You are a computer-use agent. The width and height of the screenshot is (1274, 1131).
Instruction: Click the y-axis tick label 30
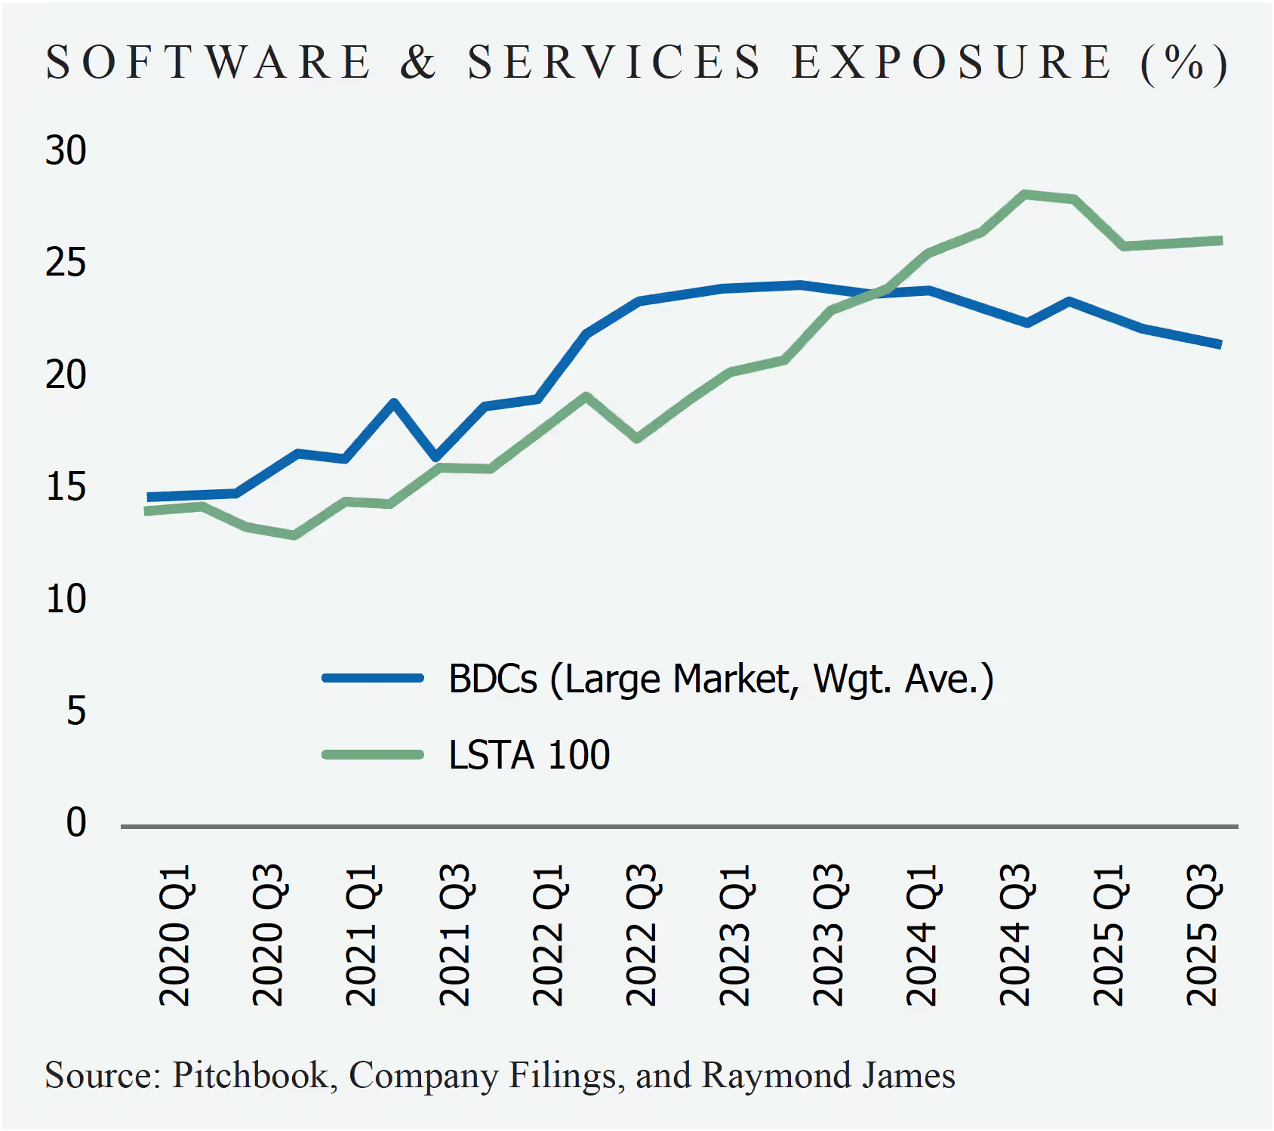point(66,151)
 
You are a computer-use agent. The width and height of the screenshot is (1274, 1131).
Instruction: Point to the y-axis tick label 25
point(66,263)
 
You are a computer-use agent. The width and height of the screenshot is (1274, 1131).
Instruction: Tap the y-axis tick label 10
point(66,599)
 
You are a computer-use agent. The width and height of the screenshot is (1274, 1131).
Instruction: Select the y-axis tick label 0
point(75,822)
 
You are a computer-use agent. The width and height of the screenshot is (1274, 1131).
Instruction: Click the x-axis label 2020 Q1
point(174,935)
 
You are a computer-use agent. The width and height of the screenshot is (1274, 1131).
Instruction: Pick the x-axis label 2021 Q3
point(455,935)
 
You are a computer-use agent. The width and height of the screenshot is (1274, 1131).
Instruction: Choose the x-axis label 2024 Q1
point(922,935)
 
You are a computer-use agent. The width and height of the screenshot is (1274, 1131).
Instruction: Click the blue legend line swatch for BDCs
point(373,678)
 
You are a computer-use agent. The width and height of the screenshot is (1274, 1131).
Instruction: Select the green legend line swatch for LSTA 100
point(373,754)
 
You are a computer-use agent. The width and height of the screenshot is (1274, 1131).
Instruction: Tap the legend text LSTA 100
point(529,755)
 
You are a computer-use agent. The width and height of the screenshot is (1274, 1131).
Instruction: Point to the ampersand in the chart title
point(418,62)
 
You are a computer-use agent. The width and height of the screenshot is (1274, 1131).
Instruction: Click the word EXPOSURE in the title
point(952,62)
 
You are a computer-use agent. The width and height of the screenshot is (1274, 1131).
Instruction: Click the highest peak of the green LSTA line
point(1025,194)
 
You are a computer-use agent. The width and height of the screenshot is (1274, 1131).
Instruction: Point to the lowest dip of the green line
point(294,535)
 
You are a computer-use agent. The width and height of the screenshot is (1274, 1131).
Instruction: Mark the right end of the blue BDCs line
point(1218,345)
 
